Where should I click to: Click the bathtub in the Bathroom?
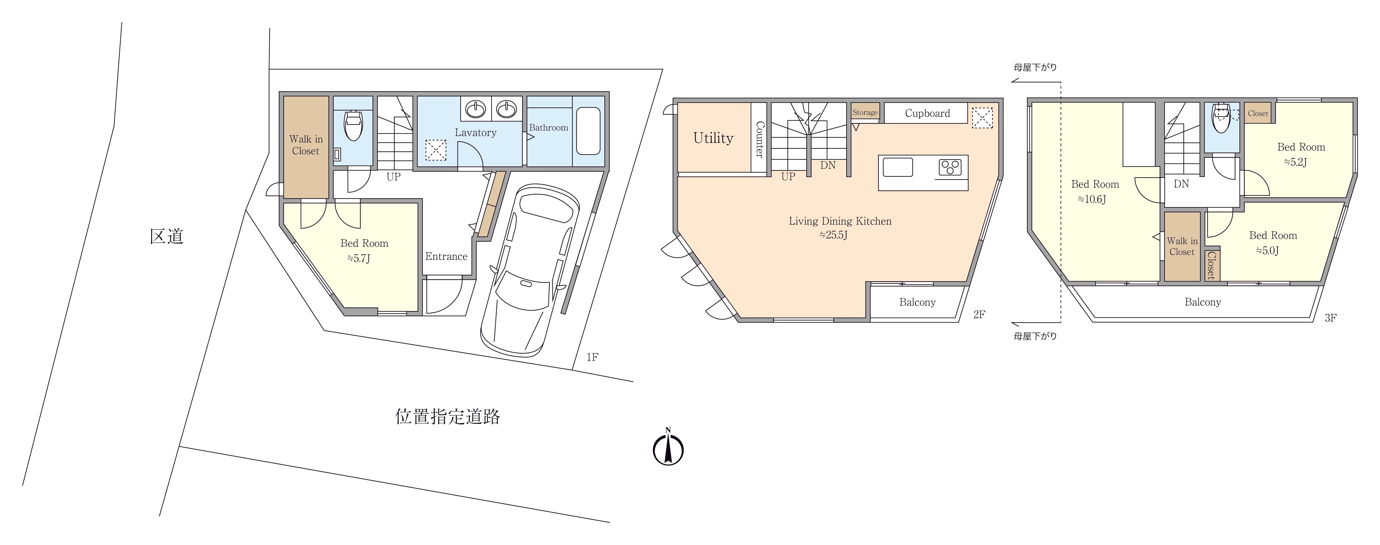pos(588,131)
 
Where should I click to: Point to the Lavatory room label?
pos(476,133)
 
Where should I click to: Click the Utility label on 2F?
pos(713,138)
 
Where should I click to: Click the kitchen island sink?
pos(898,167)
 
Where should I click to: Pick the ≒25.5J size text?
pos(834,235)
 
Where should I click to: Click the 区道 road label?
pos(167,236)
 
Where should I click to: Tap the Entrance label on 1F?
pos(446,256)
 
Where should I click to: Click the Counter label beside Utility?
pos(759,140)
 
